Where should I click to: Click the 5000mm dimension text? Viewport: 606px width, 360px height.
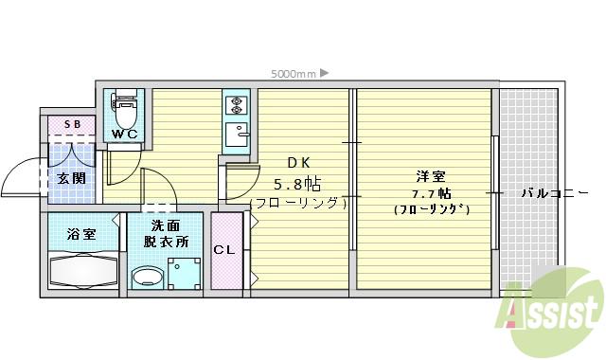click(x=293, y=72)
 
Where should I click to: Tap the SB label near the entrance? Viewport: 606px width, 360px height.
click(x=72, y=124)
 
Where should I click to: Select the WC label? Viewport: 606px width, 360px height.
click(x=125, y=135)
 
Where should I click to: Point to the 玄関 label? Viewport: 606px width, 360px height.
click(x=70, y=177)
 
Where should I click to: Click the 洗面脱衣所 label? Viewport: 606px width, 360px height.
click(x=166, y=234)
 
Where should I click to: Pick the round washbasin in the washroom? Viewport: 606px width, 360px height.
click(x=147, y=278)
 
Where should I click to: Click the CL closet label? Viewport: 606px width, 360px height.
click(x=224, y=250)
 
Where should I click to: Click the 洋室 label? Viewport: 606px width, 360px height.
click(x=432, y=175)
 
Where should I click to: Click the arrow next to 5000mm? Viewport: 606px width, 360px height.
click(x=324, y=72)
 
